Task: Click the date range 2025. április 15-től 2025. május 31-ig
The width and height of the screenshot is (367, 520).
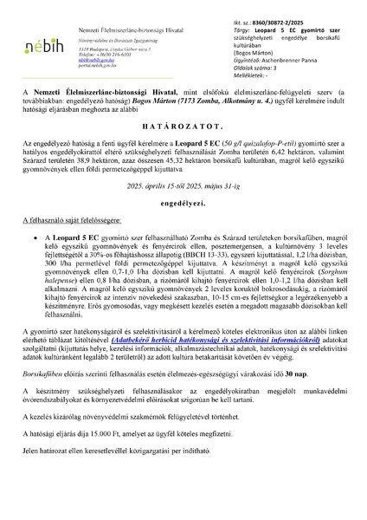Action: (183, 185)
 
